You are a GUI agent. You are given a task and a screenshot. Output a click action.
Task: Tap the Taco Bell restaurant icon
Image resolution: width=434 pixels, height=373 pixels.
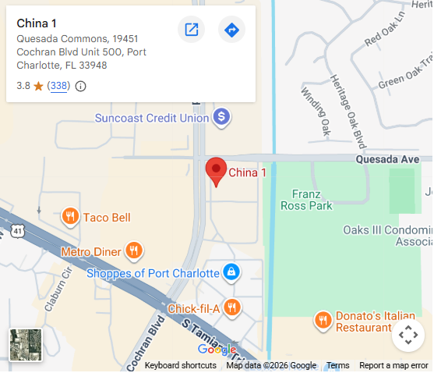(70, 217)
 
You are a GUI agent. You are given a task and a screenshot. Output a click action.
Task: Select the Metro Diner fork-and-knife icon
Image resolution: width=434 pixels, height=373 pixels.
(134, 251)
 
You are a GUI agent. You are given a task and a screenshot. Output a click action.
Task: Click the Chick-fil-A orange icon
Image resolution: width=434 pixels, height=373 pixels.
(231, 307)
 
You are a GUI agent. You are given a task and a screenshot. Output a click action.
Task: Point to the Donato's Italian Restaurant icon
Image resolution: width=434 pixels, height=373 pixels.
(323, 319)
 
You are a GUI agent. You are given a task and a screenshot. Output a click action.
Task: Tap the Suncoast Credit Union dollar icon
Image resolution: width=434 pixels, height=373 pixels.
(222, 118)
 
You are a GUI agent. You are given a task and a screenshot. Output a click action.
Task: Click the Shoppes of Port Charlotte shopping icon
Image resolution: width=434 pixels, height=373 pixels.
(231, 273)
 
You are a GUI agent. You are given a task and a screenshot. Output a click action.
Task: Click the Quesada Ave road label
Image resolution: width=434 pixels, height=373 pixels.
(388, 158)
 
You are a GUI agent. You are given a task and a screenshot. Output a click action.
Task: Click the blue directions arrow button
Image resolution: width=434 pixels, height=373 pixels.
(231, 30)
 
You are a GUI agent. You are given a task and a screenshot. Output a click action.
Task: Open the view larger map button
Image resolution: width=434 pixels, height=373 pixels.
(191, 30)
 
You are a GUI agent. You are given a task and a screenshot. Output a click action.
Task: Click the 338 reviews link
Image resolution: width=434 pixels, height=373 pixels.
(58, 86)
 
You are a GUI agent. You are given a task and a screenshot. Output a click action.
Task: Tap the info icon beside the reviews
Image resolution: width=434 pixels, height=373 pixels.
(80, 86)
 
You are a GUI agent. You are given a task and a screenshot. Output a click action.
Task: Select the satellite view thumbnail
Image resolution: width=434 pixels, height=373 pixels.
(25, 344)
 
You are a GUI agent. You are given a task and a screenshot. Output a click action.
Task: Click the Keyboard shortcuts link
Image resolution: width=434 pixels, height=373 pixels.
(180, 365)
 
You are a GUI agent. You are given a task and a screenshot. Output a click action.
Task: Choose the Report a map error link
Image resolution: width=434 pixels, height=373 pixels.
(393, 365)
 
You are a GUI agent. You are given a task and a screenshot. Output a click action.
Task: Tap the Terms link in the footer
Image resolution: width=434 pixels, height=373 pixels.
(337, 365)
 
